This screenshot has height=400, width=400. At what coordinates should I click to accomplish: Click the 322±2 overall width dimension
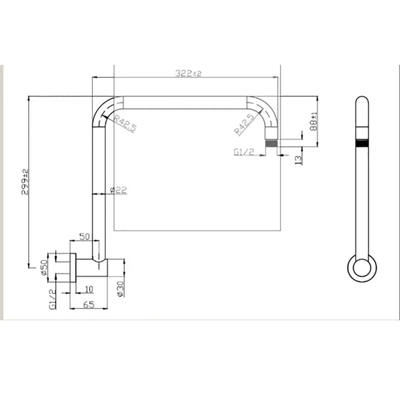click(188, 73)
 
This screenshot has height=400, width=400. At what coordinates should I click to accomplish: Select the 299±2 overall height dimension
click(25, 182)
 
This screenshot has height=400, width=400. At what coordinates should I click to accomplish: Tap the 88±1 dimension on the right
click(313, 121)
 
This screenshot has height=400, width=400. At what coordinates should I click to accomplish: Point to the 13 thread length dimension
click(298, 159)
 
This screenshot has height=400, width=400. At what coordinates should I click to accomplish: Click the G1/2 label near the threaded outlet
click(244, 151)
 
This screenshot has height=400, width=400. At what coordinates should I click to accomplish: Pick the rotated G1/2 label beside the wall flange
click(52, 299)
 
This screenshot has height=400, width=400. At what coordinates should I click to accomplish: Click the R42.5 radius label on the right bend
click(242, 124)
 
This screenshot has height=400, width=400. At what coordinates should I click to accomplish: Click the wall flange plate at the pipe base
click(73, 267)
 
